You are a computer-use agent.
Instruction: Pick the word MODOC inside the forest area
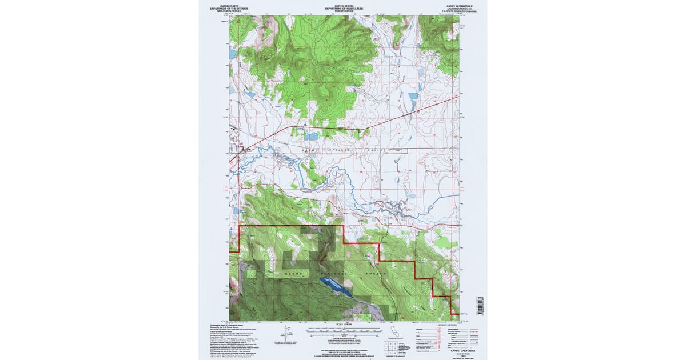pyautogui.click(x=292, y=274)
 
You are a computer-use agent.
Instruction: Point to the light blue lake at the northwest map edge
pyautogui.click(x=232, y=54)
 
